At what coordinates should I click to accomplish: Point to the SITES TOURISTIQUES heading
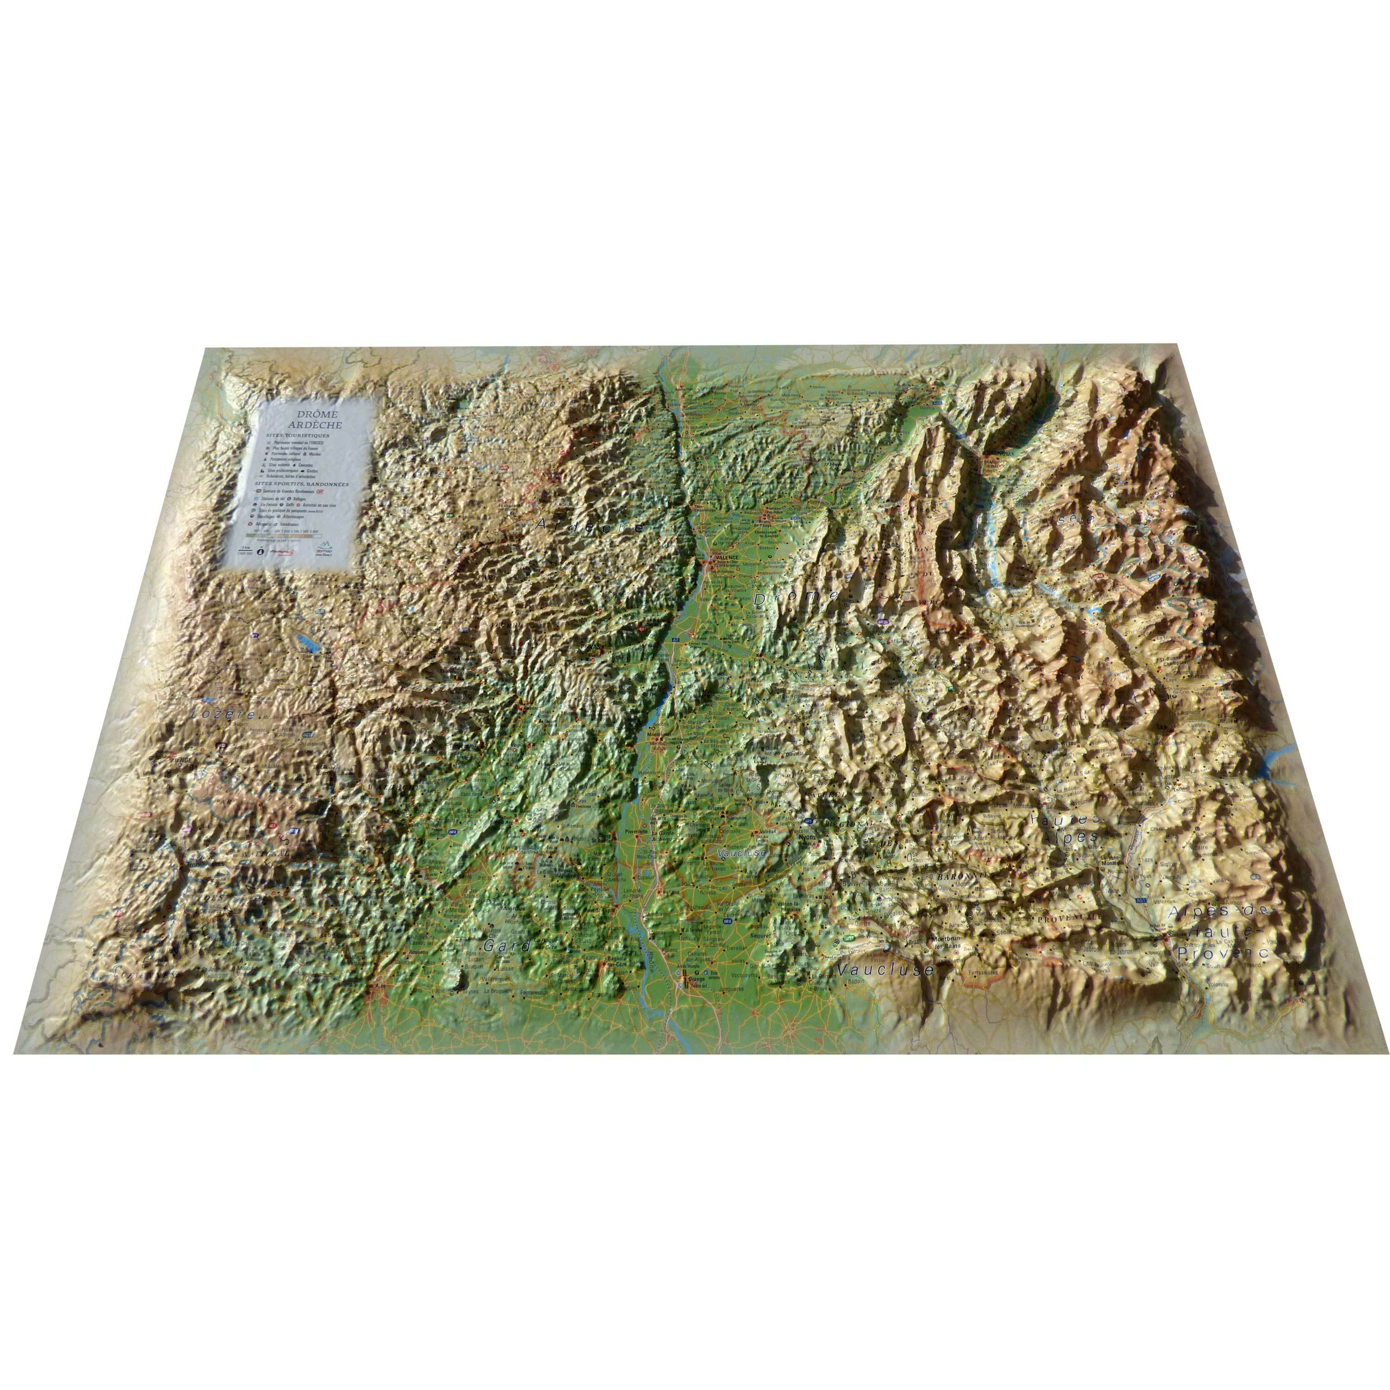click(x=298, y=436)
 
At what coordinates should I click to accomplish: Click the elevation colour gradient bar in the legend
click(x=281, y=535)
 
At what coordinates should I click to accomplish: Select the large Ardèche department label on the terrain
click(x=590, y=527)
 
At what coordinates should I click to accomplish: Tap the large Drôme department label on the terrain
click(x=796, y=596)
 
